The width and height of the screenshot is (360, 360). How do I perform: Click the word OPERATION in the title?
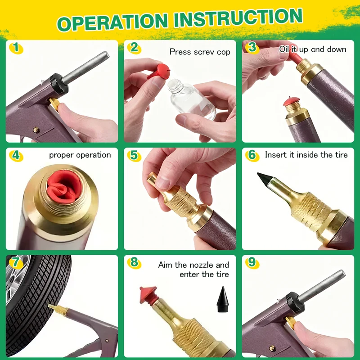pyautogui.click(x=112, y=22)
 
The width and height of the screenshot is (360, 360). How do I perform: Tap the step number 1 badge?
pyautogui.click(x=16, y=48)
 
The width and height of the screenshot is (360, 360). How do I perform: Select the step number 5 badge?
pyautogui.click(x=134, y=155)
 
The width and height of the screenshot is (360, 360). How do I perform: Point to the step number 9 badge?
pyautogui.click(x=252, y=262)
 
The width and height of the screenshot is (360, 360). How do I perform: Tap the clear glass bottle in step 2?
pyautogui.click(x=191, y=99)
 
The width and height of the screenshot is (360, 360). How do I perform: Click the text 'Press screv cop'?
pyautogui.click(x=200, y=52)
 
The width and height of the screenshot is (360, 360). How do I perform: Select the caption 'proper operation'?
pyautogui.click(x=80, y=155)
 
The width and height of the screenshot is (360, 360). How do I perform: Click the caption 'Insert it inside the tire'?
pyautogui.click(x=306, y=155)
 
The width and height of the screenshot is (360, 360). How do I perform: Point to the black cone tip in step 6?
pyautogui.click(x=265, y=179)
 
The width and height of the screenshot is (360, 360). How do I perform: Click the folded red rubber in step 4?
pyautogui.click(x=64, y=187)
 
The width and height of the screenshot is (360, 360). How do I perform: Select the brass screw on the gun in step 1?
pyautogui.click(x=36, y=130)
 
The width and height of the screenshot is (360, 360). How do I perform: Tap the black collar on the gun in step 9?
pyautogui.click(x=295, y=303)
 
